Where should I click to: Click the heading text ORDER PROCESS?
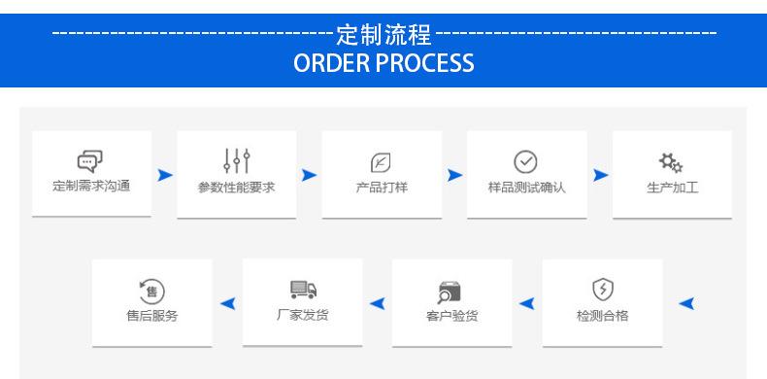(383, 62)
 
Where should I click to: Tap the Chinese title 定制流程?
(384, 35)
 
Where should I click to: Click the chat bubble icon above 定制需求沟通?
(90, 161)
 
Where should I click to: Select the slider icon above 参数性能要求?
(237, 161)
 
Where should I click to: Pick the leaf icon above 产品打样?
(381, 162)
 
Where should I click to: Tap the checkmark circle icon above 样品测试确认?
(525, 162)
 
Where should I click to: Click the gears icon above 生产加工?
(671, 162)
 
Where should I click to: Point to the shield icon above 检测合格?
(603, 290)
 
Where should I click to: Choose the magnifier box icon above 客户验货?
(450, 293)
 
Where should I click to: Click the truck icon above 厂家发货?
(303, 290)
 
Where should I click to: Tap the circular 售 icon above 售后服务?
(151, 292)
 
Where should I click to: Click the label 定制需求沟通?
(91, 186)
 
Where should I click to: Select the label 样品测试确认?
(527, 187)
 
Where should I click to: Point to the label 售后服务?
(152, 316)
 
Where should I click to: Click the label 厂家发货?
(302, 315)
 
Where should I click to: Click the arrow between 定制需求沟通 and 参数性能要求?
(165, 175)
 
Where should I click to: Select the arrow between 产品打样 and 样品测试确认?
(454, 175)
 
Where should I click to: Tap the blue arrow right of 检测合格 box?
(686, 303)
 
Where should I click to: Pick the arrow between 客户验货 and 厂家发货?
(377, 303)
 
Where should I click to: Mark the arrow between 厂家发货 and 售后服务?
(228, 303)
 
